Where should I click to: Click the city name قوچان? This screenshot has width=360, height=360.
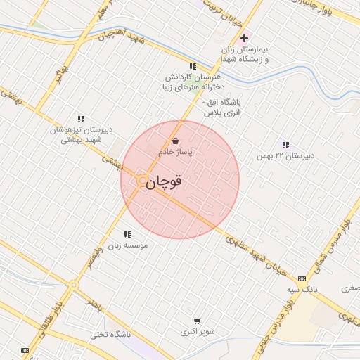click(165, 181)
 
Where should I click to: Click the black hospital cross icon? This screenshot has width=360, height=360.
click(244, 38)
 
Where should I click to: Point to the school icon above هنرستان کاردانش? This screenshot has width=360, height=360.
click(193, 66)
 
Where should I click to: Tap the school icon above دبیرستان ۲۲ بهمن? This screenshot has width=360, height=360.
click(285, 144)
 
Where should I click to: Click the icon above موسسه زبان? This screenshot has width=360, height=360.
click(127, 234)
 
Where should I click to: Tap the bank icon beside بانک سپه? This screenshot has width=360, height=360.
click(302, 278)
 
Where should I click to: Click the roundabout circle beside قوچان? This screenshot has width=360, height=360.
click(141, 181)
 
